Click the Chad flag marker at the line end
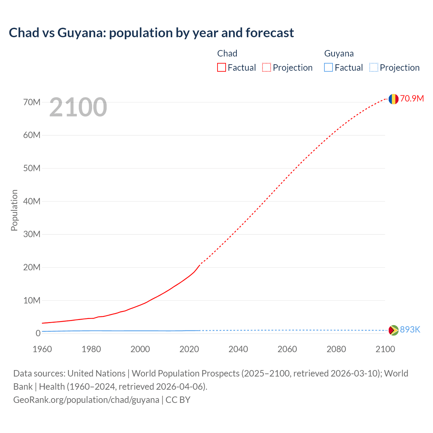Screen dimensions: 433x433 393,99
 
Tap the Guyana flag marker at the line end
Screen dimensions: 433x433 393,330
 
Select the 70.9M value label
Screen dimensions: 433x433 412,98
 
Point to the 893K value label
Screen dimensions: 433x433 410,329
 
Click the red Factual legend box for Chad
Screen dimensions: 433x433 221,68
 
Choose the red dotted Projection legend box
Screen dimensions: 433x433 267,68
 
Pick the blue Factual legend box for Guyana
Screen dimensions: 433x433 328,68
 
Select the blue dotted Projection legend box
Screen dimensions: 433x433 373,68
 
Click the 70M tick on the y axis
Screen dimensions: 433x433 32,102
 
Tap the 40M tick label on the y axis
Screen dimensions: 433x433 32,201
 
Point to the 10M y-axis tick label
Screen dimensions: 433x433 32,300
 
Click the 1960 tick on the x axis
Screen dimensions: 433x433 42,349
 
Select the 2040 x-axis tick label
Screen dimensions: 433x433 238,349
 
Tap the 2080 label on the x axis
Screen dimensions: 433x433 336,349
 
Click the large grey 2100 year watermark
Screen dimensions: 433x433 78,107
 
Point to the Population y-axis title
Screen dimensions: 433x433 14,210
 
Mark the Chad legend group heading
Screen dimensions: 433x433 227,53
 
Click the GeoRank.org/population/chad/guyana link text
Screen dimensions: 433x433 86,400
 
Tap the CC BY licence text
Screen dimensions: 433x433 178,400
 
